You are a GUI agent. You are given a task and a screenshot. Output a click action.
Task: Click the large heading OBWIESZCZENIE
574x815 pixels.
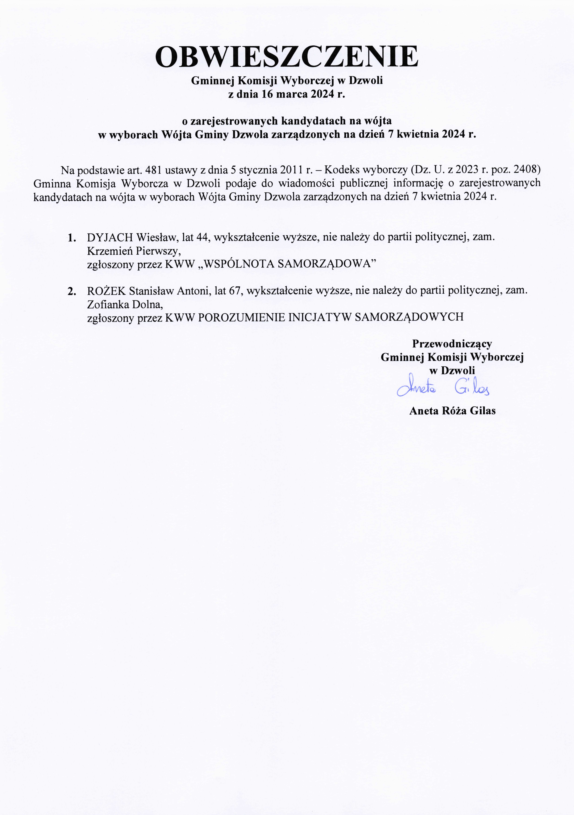287,57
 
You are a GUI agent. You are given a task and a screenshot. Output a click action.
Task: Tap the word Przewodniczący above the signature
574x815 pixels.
452,344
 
